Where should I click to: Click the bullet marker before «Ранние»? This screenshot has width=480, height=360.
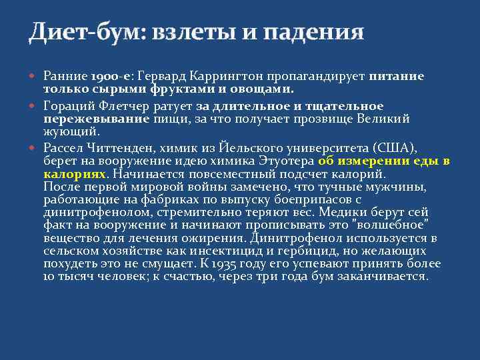tap(35, 77)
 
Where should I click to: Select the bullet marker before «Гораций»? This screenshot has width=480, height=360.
tap(35, 107)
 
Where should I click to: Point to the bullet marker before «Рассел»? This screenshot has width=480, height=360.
tap(35, 148)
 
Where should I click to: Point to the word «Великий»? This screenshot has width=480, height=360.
tap(383, 118)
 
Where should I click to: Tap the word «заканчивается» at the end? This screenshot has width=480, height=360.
tap(387, 275)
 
